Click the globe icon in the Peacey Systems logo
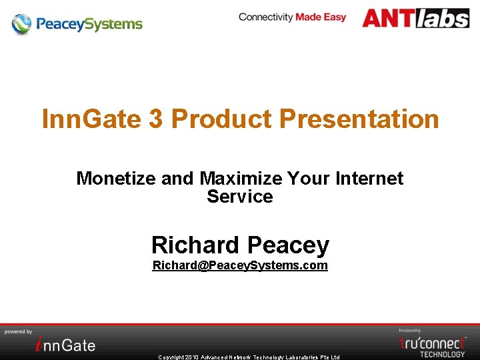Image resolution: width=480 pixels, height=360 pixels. click(x=21, y=24)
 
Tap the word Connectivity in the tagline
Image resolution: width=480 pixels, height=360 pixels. click(x=266, y=17)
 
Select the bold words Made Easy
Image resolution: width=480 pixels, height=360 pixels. click(x=321, y=17)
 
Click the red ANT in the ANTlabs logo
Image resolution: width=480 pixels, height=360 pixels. click(x=389, y=18)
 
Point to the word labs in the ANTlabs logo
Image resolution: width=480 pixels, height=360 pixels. click(x=443, y=18)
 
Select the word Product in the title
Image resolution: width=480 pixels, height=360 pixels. click(x=221, y=119)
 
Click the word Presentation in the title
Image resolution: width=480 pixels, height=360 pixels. click(x=359, y=119)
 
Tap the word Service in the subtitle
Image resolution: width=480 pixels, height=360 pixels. click(x=240, y=197)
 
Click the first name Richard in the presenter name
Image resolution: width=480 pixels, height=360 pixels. click(x=195, y=245)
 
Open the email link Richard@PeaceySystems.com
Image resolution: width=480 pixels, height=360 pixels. click(x=240, y=265)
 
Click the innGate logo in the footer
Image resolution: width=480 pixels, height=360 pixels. click(x=65, y=344)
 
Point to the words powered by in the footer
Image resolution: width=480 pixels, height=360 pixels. click(x=19, y=331)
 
